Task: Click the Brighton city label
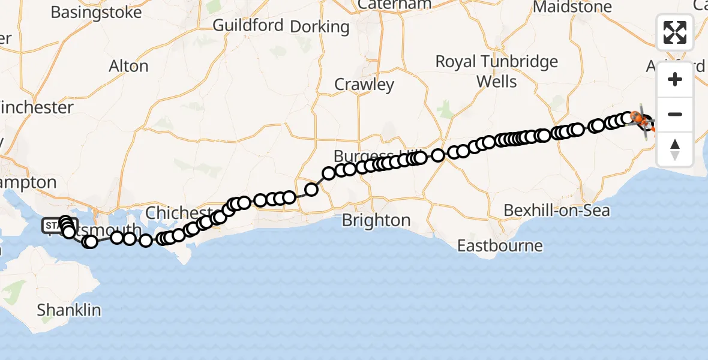tap(376, 220)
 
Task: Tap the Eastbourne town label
tap(500, 245)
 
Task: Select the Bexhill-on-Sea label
tap(557, 210)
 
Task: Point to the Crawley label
tap(364, 85)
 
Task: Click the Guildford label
tap(248, 25)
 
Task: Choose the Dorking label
tap(319, 26)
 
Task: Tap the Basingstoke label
tap(96, 12)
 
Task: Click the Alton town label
tap(128, 66)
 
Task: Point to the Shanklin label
tap(69, 310)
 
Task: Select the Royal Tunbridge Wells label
tap(496, 71)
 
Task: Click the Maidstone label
tap(572, 7)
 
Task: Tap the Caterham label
tap(394, 5)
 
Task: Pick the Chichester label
tap(178, 213)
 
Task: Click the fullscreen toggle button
tap(675, 32)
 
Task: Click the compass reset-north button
tap(675, 149)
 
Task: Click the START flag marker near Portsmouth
tap(53, 226)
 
